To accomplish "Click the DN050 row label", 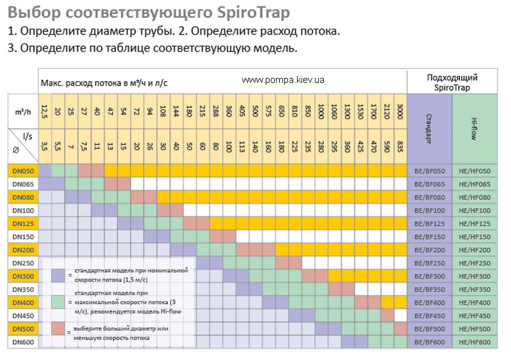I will tap(22, 170).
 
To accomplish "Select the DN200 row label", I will tap(22, 250).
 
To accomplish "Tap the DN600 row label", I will tap(22, 342).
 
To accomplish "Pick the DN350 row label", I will tap(22, 289).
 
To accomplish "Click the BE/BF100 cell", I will tap(429, 210).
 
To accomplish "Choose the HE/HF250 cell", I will tap(475, 263).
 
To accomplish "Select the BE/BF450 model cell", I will tap(429, 316).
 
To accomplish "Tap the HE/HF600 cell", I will tap(475, 342).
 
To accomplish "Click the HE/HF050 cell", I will tap(475, 170).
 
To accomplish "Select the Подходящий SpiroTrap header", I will tap(452, 82).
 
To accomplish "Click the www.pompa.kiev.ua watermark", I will tap(284, 80).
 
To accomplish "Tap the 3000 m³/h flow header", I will tap(400, 109).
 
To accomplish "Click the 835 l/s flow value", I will tap(400, 146).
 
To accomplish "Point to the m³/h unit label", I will tap(22, 111).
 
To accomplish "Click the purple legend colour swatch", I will tap(58, 275).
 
